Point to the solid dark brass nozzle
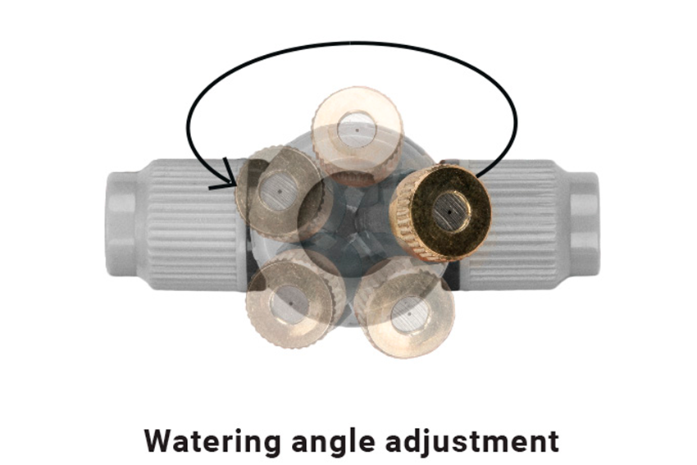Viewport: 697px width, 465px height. click(x=440, y=212)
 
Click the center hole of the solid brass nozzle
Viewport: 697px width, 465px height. click(x=450, y=212)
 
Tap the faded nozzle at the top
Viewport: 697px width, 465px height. click(x=358, y=133)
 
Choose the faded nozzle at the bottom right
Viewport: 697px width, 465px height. click(x=404, y=310)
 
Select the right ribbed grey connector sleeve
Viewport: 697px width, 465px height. click(x=511, y=225)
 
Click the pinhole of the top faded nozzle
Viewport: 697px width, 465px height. click(x=357, y=130)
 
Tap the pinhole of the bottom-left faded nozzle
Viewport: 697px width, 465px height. click(x=291, y=303)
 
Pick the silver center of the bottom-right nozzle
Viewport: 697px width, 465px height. click(x=410, y=313)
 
